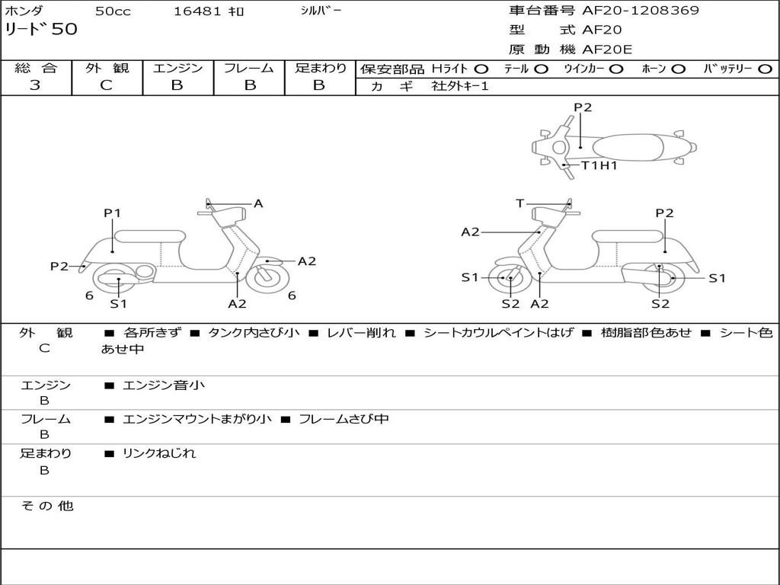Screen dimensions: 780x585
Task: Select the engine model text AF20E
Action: point(607,50)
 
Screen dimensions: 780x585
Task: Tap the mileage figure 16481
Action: point(197,11)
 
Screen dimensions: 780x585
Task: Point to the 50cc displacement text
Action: point(112,11)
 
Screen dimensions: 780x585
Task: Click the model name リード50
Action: point(41,30)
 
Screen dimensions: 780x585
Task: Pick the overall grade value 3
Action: point(35,85)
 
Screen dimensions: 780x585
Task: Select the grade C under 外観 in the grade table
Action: point(106,85)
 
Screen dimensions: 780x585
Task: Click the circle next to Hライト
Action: point(481,69)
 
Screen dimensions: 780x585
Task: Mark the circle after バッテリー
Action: point(766,69)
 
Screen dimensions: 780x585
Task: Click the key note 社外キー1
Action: point(460,86)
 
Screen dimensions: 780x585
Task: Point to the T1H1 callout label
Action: point(599,165)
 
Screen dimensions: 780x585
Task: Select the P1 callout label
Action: point(113,213)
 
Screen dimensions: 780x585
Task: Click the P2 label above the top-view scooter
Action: point(583,107)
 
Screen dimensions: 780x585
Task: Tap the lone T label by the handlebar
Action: point(520,203)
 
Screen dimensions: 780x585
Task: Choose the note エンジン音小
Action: point(163,385)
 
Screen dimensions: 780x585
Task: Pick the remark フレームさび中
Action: point(344,419)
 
